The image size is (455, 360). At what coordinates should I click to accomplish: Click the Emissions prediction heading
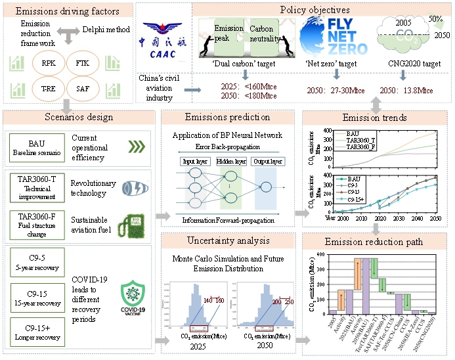228,118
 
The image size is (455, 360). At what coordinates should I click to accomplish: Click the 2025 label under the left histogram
193,346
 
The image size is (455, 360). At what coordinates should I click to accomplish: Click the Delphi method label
106,30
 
